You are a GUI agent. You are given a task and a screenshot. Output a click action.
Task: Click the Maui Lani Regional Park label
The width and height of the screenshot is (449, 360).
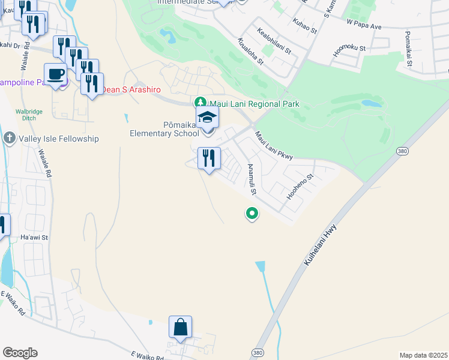[x=254, y=104]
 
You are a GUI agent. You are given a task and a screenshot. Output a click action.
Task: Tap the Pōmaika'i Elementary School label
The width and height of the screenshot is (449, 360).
[x=164, y=129]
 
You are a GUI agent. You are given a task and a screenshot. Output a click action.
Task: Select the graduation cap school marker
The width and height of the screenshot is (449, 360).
[x=207, y=117]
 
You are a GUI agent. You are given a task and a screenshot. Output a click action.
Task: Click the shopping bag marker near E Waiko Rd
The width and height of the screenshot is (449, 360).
[x=180, y=328]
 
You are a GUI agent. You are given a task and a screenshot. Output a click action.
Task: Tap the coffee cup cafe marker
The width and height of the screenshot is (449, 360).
[x=56, y=74]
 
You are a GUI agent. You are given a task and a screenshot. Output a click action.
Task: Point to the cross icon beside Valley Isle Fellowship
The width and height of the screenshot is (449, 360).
[x=10, y=139]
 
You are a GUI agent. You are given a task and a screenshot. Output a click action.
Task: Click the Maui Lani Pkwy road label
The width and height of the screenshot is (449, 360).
[x=273, y=146]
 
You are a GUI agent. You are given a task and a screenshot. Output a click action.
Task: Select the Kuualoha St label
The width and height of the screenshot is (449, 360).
[x=250, y=51]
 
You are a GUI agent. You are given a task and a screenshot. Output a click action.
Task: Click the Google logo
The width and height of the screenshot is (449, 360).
[x=20, y=352]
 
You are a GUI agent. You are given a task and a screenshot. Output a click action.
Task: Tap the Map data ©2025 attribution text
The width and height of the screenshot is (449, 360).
[x=423, y=355]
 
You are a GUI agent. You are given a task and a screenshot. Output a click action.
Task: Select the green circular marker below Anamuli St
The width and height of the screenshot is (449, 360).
[x=252, y=213]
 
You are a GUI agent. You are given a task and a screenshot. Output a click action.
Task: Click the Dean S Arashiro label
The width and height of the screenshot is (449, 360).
[x=131, y=89]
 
